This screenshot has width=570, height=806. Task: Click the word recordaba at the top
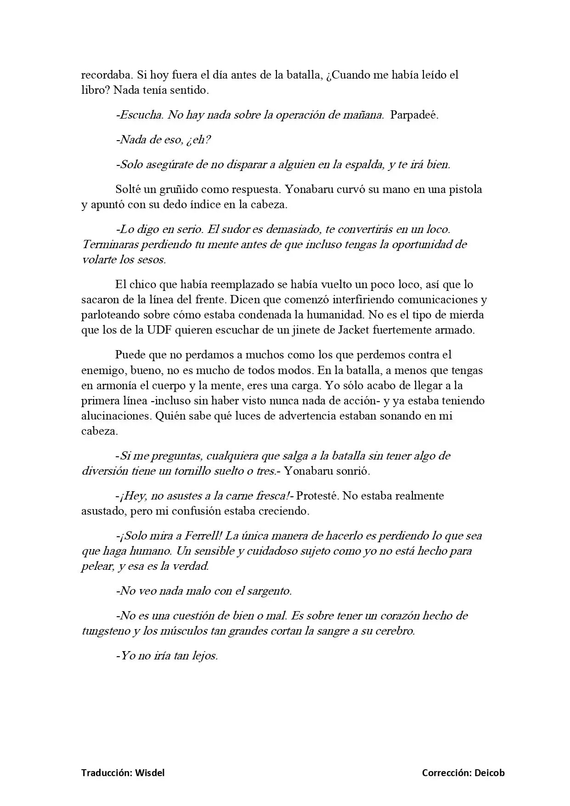click(x=103, y=75)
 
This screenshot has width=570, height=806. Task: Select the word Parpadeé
click(x=414, y=115)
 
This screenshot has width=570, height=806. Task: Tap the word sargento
click(x=269, y=591)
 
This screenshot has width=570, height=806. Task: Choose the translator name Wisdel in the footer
click(x=150, y=773)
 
